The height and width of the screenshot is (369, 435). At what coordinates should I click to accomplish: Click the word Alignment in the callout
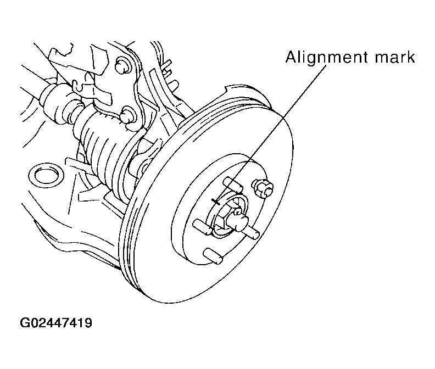[327, 58]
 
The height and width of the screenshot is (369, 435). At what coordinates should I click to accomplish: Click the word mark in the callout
[395, 57]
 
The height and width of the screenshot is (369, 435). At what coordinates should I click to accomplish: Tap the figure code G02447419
[56, 323]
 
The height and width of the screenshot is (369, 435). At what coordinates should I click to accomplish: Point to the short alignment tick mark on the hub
[215, 201]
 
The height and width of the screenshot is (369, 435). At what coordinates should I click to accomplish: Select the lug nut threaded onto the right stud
[262, 188]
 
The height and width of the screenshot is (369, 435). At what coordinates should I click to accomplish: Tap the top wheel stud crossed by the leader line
[232, 184]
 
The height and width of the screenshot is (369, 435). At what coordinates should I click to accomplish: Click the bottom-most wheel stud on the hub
[213, 256]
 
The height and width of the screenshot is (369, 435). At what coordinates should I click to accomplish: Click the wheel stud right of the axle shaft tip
[253, 232]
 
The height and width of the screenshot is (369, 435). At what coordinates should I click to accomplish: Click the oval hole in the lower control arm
[46, 175]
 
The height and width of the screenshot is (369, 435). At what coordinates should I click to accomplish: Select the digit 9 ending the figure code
[88, 323]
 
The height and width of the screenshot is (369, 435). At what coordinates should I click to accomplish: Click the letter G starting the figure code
[25, 323]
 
